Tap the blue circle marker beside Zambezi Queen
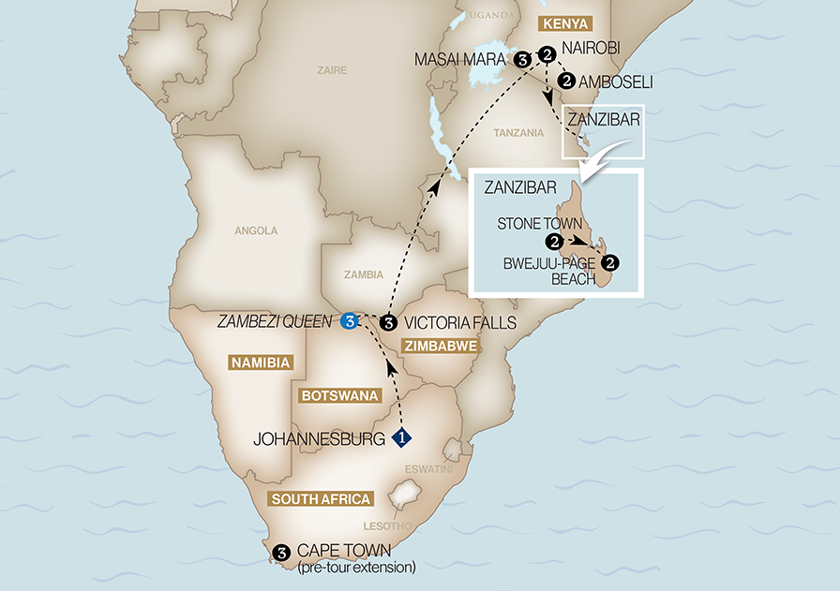click(350, 322)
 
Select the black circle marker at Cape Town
click(279, 553)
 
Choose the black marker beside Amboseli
click(566, 81)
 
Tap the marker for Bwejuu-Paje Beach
click(611, 262)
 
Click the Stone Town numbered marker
click(556, 242)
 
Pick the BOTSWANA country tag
click(338, 396)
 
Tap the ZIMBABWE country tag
click(440, 346)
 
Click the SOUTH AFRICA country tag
click(321, 498)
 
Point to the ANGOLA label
click(256, 229)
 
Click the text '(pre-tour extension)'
click(355, 568)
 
